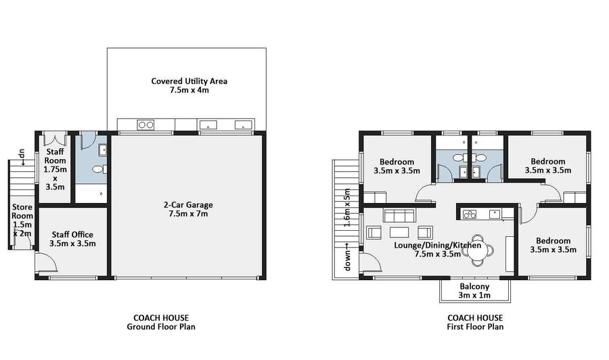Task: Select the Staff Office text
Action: [x=72, y=235]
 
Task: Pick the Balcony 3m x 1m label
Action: [x=474, y=291]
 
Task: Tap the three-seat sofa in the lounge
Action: [x=399, y=216]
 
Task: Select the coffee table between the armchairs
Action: [x=399, y=232]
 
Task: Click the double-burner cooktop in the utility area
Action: [x=145, y=125]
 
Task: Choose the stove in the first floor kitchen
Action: [x=469, y=214]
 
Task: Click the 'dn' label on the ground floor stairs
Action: [x=22, y=154]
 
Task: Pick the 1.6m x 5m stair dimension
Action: [x=347, y=208]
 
